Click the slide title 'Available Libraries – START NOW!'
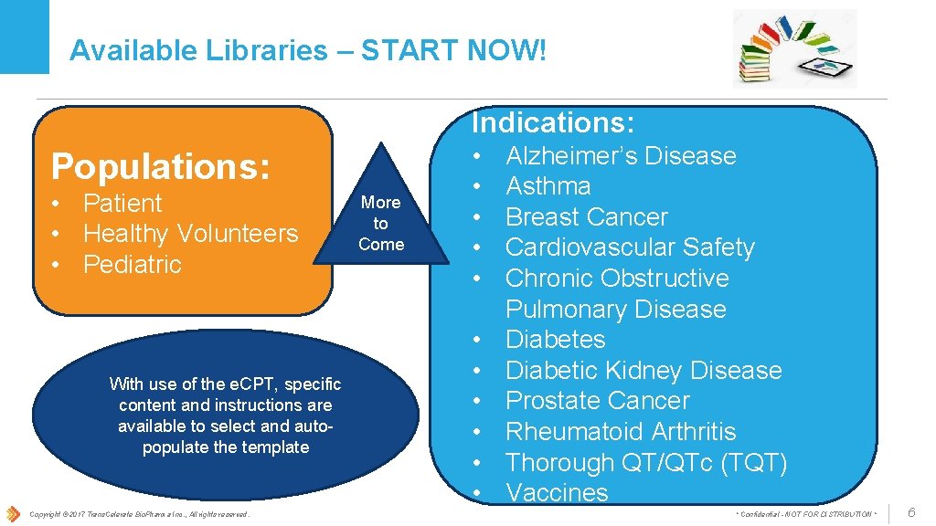[308, 50]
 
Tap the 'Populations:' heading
[161, 167]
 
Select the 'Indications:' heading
[553, 121]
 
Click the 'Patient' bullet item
[122, 204]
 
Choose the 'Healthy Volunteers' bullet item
[190, 234]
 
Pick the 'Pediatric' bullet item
[132, 265]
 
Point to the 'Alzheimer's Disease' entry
[620, 156]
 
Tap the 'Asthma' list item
[548, 186]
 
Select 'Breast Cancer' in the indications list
[586, 217]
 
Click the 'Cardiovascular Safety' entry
[629, 247]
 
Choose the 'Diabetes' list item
[555, 340]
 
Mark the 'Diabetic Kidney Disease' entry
[643, 371]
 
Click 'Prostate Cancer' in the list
[597, 401]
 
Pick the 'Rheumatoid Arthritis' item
[620, 432]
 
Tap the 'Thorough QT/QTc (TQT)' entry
[645, 463]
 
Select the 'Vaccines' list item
[556, 493]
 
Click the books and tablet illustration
[794, 48]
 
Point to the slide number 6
[910, 513]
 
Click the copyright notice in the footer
[139, 515]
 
